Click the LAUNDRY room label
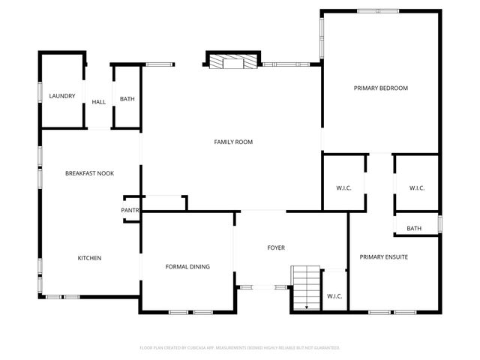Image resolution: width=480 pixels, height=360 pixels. pyautogui.click(x=61, y=96)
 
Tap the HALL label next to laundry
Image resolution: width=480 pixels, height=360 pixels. pyautogui.click(x=99, y=103)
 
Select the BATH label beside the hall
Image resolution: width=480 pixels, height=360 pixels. pyautogui.click(x=127, y=99)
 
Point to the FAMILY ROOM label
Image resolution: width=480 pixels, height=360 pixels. pyautogui.click(x=232, y=142)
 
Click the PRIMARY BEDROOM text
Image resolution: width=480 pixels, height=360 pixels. pyautogui.click(x=380, y=88)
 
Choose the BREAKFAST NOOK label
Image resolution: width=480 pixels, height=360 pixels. pyautogui.click(x=88, y=173)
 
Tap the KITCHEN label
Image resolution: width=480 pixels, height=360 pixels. pyautogui.click(x=89, y=258)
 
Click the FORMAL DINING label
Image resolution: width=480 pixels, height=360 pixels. pyautogui.click(x=187, y=266)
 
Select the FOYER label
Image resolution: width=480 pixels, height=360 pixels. pyautogui.click(x=276, y=247)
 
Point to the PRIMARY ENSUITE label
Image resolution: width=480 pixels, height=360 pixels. pyautogui.click(x=383, y=257)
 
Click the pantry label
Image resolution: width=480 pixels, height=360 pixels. pyautogui.click(x=130, y=211)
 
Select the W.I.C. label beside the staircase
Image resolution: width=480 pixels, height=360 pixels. pyautogui.click(x=334, y=296)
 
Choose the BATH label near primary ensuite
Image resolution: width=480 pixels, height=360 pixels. pyautogui.click(x=414, y=229)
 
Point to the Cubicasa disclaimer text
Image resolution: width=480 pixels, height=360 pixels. pyautogui.click(x=240, y=348)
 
